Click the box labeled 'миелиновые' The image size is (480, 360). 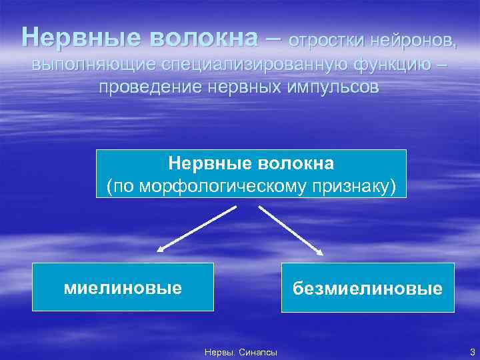123,287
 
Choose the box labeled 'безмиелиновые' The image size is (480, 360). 367,288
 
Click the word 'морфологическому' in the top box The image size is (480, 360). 227,186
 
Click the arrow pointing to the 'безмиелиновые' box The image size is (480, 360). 290,229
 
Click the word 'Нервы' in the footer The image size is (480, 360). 218,352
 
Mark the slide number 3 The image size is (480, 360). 472,351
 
